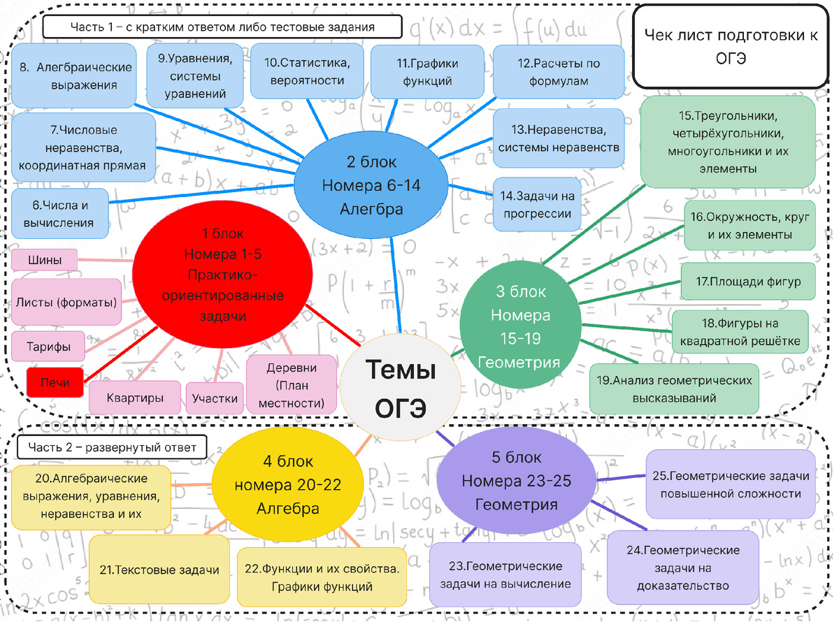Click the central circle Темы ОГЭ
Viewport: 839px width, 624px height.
[400, 386]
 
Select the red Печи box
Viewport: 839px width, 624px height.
[55, 382]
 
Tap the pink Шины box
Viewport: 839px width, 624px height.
[45, 260]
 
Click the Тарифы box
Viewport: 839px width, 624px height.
[48, 347]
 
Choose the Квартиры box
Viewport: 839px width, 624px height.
[135, 398]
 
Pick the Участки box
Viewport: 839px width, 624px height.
[215, 398]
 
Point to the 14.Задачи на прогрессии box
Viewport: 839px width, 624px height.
[537, 204]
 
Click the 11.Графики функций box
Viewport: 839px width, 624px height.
[427, 72]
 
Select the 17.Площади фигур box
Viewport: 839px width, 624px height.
[748, 282]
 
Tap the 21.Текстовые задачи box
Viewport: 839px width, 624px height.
[159, 569]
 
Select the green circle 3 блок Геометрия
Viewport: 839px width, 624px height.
[520, 326]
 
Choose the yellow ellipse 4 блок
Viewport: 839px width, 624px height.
[287, 484]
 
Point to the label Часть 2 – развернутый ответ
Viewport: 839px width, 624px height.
[112, 447]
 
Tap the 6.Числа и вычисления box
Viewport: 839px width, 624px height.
[60, 214]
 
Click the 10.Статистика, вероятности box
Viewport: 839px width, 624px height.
[308, 71]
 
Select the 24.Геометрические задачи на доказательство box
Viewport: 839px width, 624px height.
[683, 567]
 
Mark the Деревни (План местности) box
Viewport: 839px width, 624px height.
[292, 385]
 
